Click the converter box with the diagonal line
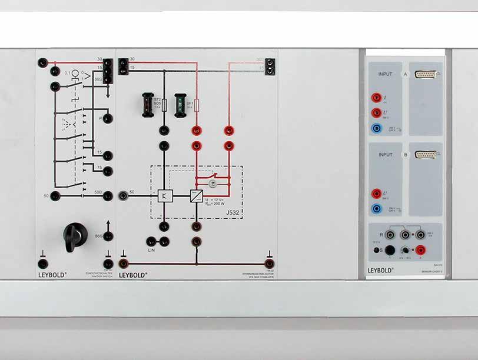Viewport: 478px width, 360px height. (x=195, y=195)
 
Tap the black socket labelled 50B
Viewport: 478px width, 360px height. (x=108, y=196)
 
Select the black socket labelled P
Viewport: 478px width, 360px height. (x=108, y=118)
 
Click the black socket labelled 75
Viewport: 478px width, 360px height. (x=108, y=171)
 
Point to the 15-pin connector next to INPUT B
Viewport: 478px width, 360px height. (x=425, y=155)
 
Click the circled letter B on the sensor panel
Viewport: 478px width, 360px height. (x=405, y=155)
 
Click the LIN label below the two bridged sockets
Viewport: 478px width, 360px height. (x=152, y=251)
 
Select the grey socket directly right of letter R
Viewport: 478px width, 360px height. (x=388, y=235)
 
